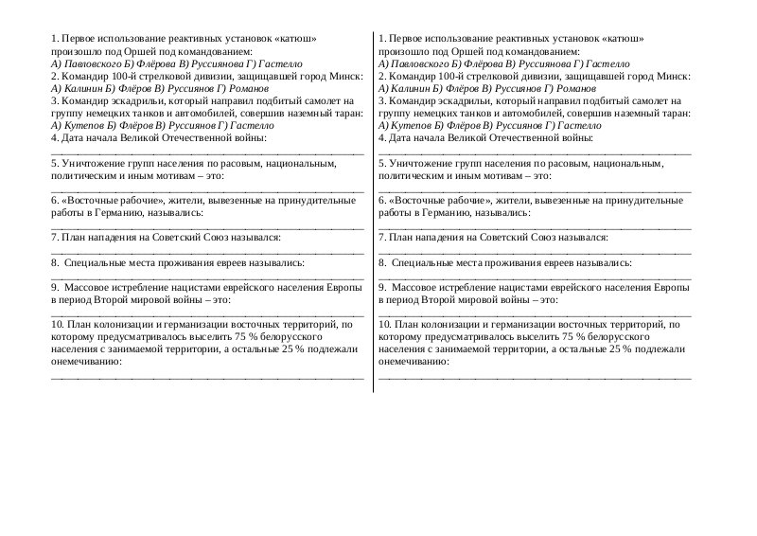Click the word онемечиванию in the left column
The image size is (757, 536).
click(85, 361)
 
